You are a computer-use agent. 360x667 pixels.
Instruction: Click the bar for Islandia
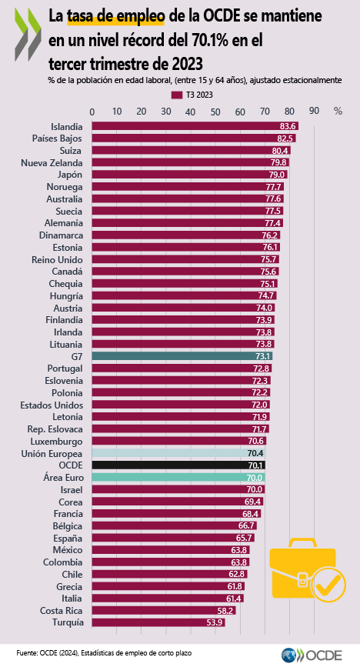(x=195, y=126)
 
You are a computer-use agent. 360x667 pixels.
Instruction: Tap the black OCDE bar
(x=178, y=465)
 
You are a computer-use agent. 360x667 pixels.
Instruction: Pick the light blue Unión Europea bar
(x=178, y=453)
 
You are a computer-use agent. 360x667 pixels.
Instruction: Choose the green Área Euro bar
(x=178, y=478)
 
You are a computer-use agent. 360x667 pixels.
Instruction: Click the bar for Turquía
(x=158, y=622)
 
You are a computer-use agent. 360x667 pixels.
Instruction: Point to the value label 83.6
(x=288, y=126)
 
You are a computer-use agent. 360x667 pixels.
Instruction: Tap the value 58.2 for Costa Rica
(x=225, y=611)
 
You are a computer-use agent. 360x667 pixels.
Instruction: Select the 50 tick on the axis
(x=215, y=112)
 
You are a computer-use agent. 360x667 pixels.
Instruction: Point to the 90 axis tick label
(x=314, y=111)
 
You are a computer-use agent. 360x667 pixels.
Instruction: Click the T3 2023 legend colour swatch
(x=177, y=95)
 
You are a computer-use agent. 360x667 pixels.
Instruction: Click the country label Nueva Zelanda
(x=52, y=163)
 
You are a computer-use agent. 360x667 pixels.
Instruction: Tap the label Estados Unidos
(x=52, y=405)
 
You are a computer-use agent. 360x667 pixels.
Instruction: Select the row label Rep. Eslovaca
(x=55, y=429)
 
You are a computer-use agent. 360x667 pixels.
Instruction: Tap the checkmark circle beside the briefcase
(x=328, y=585)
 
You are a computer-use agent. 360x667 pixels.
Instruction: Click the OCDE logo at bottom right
(x=312, y=655)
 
